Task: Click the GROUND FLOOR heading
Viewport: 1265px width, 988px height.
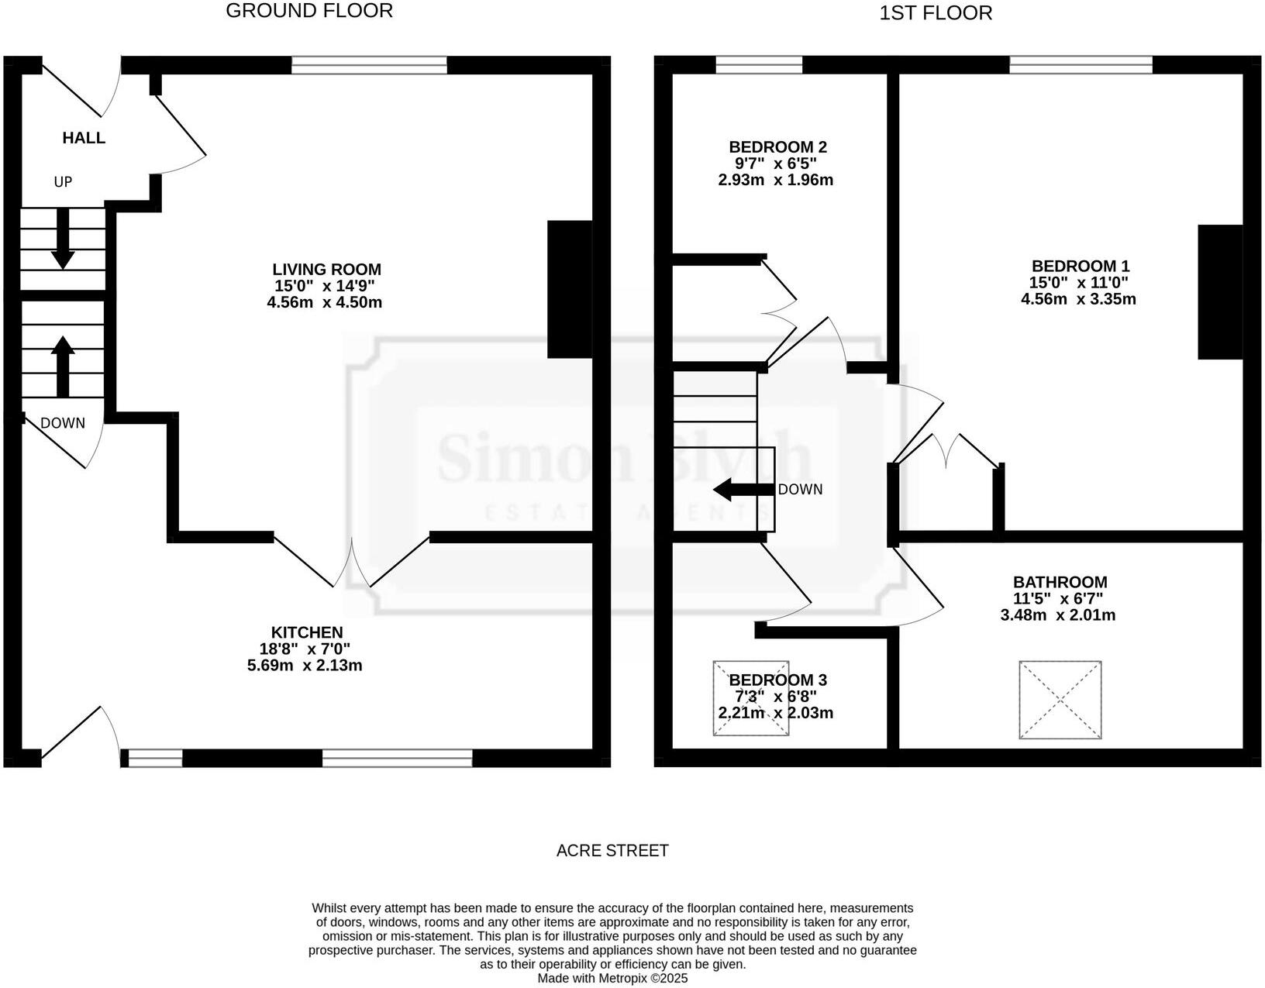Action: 309,11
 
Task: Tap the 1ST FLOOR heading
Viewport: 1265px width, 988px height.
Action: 936,13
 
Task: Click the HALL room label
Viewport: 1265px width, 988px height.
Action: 84,138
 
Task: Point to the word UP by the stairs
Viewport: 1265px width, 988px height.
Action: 63,182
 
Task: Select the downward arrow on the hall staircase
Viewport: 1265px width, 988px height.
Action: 62,239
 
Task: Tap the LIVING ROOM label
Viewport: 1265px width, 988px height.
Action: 326,270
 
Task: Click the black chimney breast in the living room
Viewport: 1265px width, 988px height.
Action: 570,289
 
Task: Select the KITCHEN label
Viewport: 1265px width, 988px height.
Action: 306,632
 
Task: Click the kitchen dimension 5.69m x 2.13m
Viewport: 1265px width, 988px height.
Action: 305,665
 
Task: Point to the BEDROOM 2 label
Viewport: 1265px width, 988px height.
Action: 777,147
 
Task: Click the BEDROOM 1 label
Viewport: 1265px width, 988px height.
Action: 1080,266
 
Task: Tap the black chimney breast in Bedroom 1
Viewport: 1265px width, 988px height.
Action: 1220,292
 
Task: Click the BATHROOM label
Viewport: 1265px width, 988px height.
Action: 1060,582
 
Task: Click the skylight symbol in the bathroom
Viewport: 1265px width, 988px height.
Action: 1060,700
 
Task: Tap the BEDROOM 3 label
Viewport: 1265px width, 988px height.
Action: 777,680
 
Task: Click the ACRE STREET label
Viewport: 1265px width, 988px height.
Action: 612,851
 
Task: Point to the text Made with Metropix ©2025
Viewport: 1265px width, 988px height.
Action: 612,979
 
